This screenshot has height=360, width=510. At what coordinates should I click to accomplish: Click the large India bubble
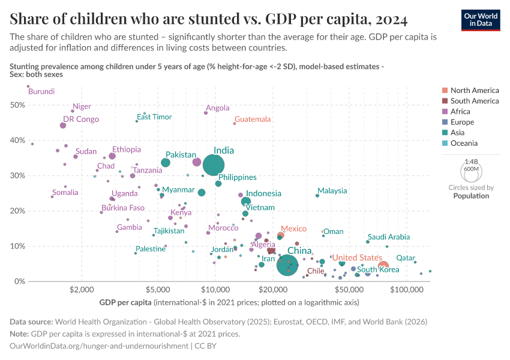click(x=214, y=164)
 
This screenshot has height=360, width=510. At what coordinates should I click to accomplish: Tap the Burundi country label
click(x=41, y=92)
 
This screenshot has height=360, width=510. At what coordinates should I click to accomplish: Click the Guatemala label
click(x=253, y=119)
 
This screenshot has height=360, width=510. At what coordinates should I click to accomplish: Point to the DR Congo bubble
click(x=63, y=125)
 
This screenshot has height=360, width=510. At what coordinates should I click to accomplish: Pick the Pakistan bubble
click(x=166, y=163)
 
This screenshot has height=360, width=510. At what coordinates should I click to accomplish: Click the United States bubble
click(x=383, y=266)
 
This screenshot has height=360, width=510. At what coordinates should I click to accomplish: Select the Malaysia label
click(x=332, y=191)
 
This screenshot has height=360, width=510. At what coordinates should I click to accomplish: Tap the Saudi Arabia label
click(x=389, y=237)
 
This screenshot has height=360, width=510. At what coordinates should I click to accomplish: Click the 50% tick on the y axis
click(x=17, y=105)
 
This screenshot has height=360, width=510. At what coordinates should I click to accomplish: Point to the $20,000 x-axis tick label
click(x=272, y=290)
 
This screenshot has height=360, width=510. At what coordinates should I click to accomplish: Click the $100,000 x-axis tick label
click(x=407, y=290)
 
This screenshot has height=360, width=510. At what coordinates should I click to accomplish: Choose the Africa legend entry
click(x=460, y=112)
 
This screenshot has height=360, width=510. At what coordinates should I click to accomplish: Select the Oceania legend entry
click(x=464, y=143)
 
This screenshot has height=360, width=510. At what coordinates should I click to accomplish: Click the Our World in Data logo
click(x=481, y=20)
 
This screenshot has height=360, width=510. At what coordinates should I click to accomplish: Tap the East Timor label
click(x=154, y=117)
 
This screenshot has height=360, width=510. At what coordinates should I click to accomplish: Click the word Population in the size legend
click(x=471, y=196)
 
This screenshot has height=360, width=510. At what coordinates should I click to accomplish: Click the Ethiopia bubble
click(x=112, y=156)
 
